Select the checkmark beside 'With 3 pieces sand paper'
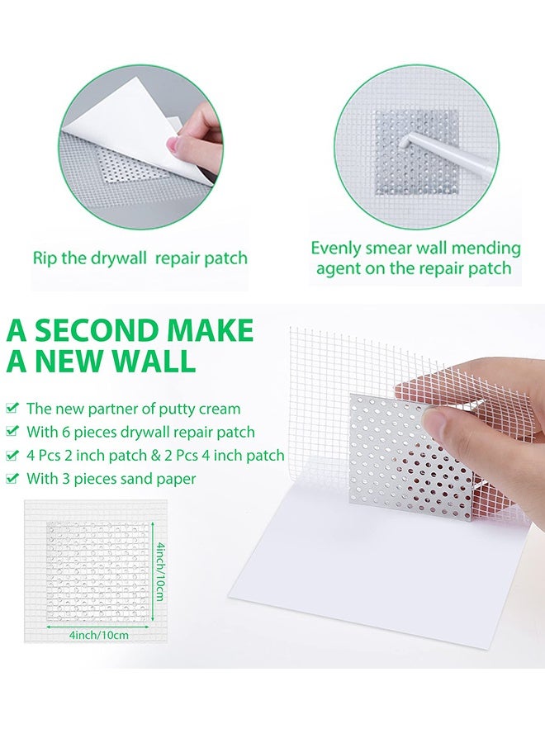[x=12, y=479]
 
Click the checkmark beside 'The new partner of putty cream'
[x=12, y=408]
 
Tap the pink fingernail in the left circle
[x=173, y=146]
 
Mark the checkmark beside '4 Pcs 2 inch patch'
[x=12, y=456]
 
